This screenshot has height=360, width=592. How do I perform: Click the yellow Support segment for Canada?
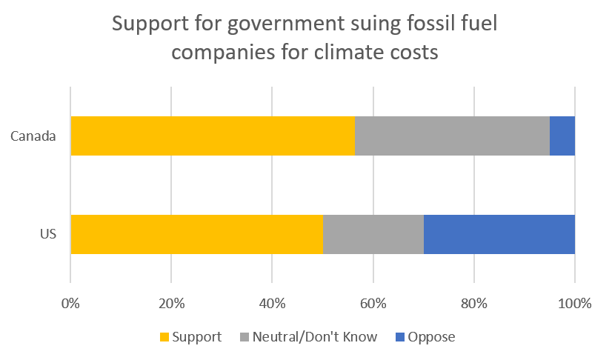click(x=213, y=136)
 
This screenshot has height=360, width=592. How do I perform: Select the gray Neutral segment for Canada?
click(x=452, y=136)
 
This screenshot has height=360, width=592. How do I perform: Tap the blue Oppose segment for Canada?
click(x=562, y=136)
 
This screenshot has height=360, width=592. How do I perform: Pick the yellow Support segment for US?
click(x=196, y=234)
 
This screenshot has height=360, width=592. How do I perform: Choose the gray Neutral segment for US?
click(x=373, y=234)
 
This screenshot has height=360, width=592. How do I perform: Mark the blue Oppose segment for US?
click(x=499, y=234)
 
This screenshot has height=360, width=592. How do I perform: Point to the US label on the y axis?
click(x=49, y=234)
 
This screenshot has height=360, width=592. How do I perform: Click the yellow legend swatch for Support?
click(x=164, y=337)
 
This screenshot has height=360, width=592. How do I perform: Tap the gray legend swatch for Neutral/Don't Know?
click(x=245, y=337)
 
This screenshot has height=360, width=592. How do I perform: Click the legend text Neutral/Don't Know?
click(x=315, y=337)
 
